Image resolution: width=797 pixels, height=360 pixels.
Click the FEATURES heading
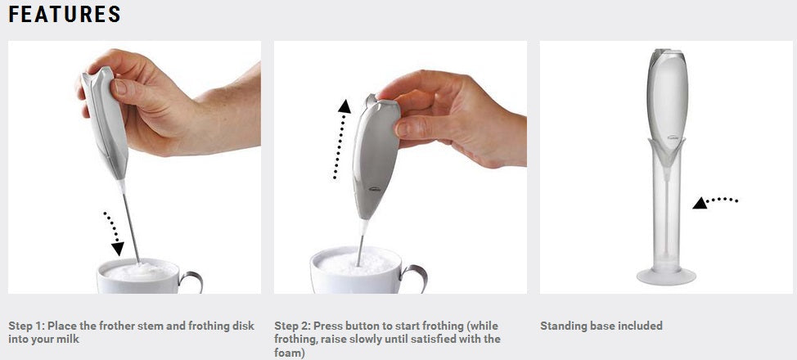[65, 15]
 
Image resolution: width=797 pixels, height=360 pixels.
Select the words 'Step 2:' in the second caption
[292, 326]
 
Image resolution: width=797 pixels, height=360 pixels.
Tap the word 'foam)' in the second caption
[289, 353]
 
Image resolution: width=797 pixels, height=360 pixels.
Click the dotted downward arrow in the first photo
[114, 232]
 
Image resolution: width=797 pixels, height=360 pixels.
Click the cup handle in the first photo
[191, 281]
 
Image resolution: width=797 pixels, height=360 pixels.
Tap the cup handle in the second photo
[415, 277]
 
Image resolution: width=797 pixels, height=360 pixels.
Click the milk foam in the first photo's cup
[139, 270]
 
